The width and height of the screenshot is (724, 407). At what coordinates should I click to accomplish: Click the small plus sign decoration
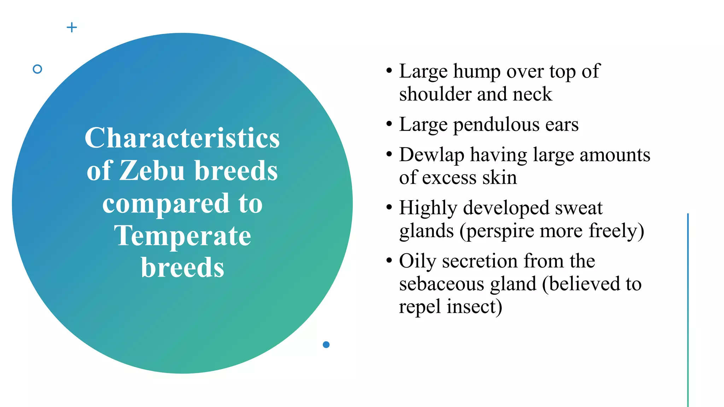coord(72,27)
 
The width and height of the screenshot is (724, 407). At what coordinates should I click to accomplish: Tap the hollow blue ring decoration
coord(37,69)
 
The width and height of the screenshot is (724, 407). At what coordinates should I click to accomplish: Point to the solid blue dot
coord(326,344)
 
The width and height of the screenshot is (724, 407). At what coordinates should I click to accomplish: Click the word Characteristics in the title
coord(182,138)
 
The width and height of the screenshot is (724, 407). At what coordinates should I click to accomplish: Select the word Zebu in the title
coord(152,171)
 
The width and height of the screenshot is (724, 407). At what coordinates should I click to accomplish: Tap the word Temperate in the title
coord(182,236)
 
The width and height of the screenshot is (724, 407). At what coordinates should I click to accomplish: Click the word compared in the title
coord(166,204)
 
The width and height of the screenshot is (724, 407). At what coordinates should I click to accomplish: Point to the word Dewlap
coord(431,155)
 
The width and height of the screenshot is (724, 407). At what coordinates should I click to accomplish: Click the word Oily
coord(418,261)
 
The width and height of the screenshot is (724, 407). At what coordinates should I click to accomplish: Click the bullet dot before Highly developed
coord(389,207)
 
